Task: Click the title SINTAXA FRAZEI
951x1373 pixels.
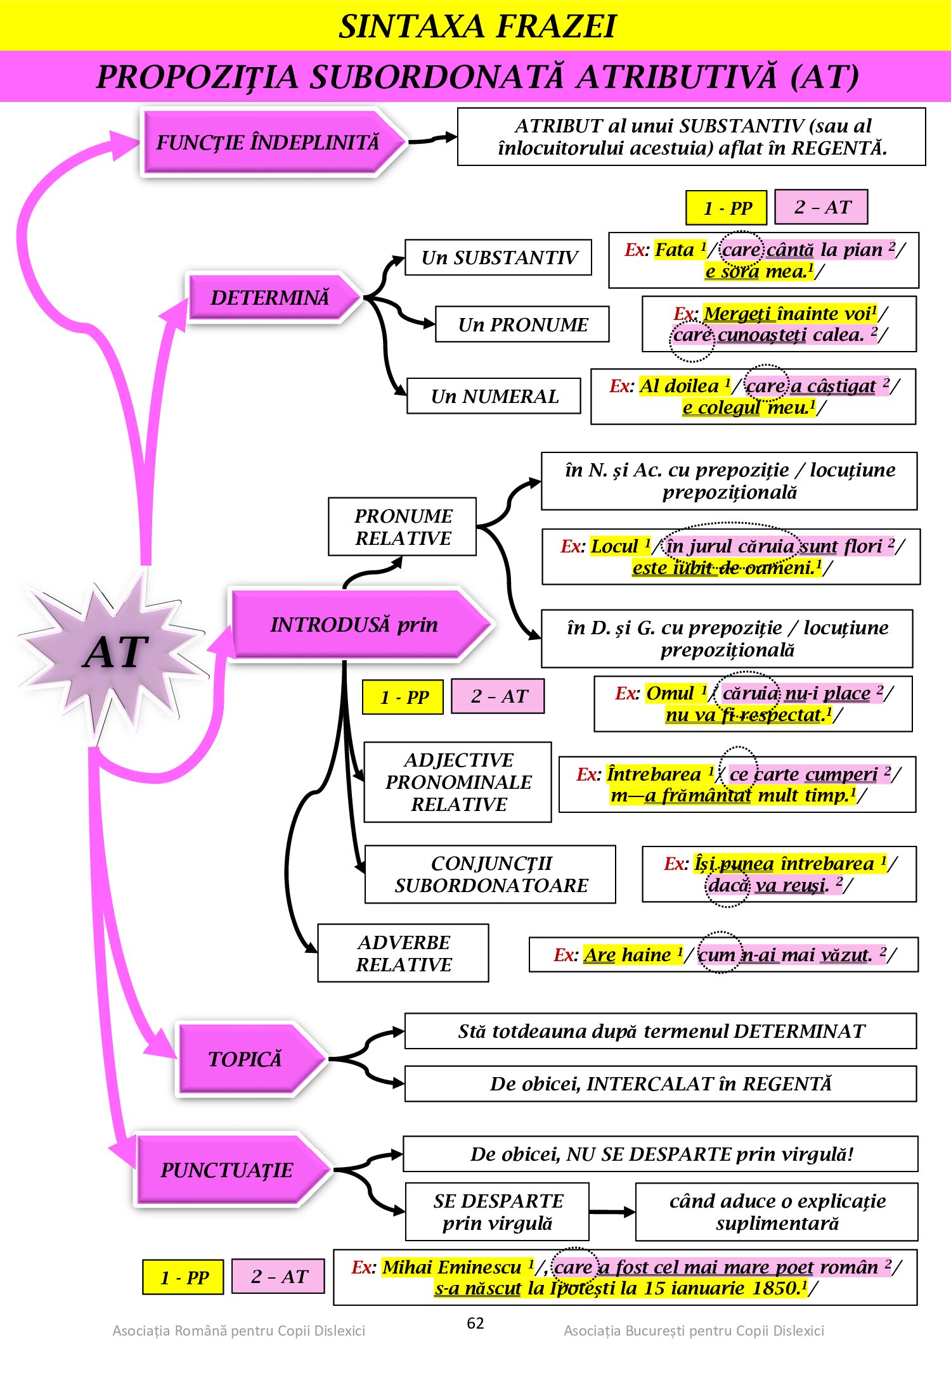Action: coord(477,26)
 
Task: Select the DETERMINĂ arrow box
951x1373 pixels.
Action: coord(271,297)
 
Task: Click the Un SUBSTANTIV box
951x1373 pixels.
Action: coord(498,258)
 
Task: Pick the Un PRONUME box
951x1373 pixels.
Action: coord(522,324)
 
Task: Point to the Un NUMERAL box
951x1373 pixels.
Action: coord(494,396)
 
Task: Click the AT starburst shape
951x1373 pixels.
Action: coord(114,653)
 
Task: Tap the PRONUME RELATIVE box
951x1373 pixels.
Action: coord(403,527)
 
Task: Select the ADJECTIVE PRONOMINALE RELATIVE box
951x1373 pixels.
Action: coord(458,782)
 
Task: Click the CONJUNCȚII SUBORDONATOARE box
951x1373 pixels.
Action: coord(490,874)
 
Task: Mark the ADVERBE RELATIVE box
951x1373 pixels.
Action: coord(403,953)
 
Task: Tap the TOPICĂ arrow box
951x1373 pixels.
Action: coord(246,1059)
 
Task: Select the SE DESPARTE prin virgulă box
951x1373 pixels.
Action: coord(497,1211)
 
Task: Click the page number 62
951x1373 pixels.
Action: coord(475,1323)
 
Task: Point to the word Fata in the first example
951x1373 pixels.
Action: coord(674,250)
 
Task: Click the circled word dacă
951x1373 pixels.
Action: coord(728,884)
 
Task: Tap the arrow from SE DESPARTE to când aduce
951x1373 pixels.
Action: coord(612,1212)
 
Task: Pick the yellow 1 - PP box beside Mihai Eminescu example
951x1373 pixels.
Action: coord(183,1277)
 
